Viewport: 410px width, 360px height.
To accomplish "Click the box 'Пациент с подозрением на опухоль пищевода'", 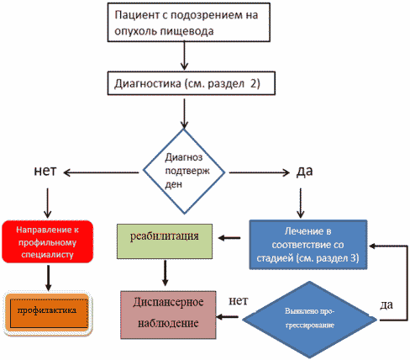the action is coord(189,23).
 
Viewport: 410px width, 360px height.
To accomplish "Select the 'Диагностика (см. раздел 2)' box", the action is coord(192,83).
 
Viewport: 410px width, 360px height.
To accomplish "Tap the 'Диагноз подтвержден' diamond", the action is coord(184,172).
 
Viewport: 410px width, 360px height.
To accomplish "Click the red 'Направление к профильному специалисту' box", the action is coord(47,241).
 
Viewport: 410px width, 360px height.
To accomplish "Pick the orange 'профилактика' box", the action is coord(48,313).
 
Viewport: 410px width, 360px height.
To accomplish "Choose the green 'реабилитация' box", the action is coord(165,241).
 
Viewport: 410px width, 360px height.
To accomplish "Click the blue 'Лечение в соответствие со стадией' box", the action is coord(308,245).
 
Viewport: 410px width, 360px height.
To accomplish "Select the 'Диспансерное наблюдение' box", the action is coord(168,315).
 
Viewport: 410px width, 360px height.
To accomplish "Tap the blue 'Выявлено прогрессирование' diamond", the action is coord(309,320).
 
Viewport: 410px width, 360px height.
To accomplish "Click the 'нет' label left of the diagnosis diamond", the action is coord(45,171).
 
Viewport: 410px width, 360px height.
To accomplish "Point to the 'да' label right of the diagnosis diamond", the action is coord(304,171).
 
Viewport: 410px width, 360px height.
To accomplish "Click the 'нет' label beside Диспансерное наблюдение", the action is coord(239,301).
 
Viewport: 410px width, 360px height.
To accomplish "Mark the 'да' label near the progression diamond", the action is coord(386,304).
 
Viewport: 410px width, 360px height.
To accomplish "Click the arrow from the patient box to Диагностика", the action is coord(184,56).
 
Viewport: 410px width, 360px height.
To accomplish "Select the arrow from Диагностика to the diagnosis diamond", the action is coord(184,114).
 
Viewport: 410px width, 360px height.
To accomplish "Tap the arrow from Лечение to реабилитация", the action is coord(229,238).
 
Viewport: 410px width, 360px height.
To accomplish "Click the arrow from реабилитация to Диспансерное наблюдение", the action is coord(165,273).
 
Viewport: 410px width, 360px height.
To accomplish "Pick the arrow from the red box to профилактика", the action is coord(48,278).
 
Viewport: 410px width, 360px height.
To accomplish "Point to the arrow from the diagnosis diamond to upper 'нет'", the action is coord(101,172).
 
